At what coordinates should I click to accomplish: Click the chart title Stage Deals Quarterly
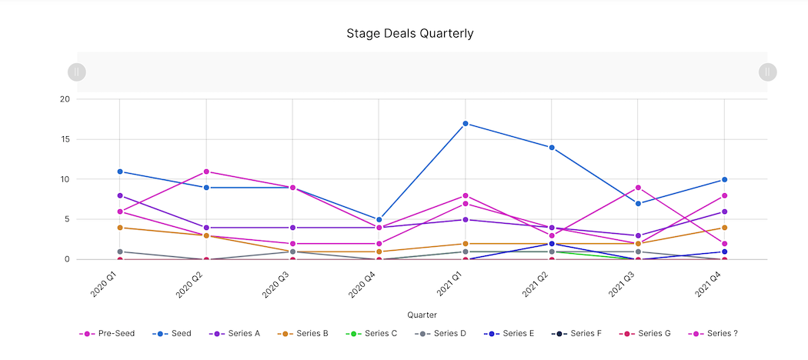[409, 34]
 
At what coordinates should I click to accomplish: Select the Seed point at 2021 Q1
[466, 124]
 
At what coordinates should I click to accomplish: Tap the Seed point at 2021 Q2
[552, 148]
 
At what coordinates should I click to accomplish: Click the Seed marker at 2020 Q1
[120, 172]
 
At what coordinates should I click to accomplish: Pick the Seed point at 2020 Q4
[379, 219]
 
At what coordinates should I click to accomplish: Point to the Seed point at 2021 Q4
[724, 180]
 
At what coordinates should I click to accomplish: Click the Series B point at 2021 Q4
[724, 228]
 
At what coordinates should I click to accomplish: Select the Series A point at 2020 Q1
[120, 195]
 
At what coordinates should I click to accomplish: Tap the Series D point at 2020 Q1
[120, 252]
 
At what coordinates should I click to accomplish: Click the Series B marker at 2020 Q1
[120, 228]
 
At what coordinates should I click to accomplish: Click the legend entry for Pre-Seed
[107, 334]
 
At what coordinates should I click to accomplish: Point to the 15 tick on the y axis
[65, 140]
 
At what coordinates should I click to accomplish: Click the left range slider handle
[77, 72]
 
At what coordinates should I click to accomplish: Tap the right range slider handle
[767, 72]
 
